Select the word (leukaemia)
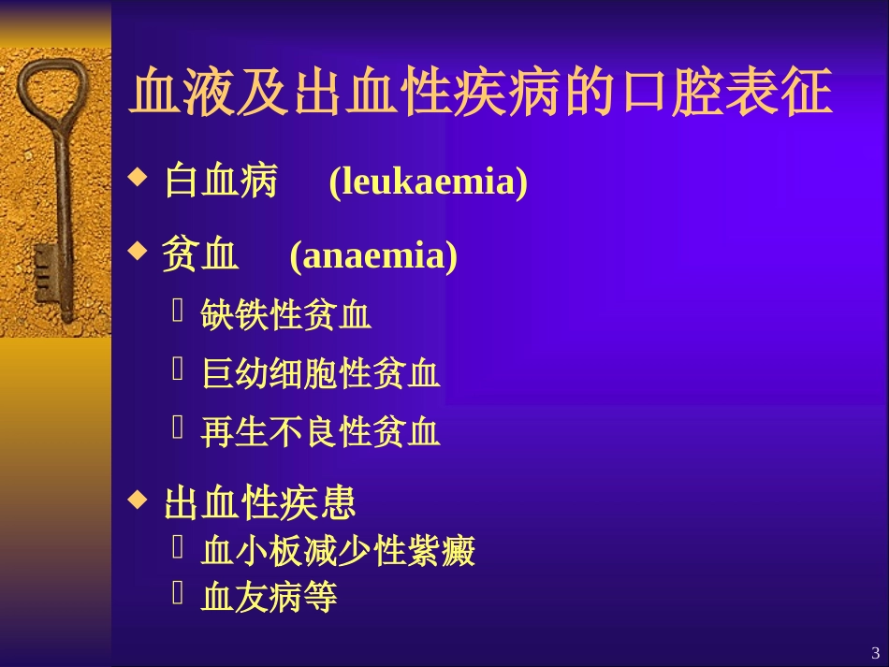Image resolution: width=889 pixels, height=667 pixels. pyautogui.click(x=428, y=181)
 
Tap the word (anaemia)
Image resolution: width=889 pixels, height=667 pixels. pyautogui.click(x=373, y=255)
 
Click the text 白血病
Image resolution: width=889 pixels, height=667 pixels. pyautogui.click(x=221, y=181)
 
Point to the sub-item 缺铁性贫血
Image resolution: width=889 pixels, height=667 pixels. pyautogui.click(x=286, y=316)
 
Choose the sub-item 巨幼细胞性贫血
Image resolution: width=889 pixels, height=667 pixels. pyautogui.click(x=320, y=374)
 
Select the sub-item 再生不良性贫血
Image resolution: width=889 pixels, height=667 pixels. pyautogui.click(x=320, y=432)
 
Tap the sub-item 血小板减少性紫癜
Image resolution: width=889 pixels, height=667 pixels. pyautogui.click(x=338, y=552)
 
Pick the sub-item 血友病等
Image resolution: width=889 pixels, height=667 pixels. pyautogui.click(x=269, y=598)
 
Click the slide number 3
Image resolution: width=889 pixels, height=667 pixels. pyautogui.click(x=875, y=652)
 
